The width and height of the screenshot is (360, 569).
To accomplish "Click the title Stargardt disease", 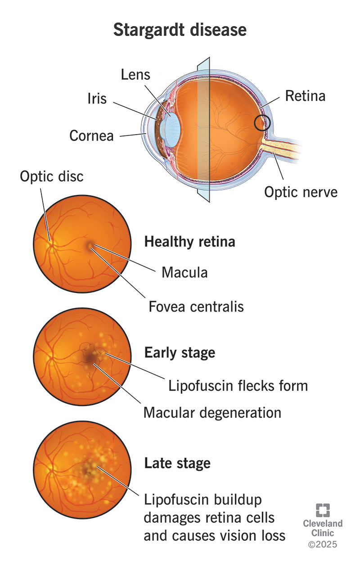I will pos(180,30).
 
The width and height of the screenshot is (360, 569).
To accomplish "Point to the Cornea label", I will pos(91,135).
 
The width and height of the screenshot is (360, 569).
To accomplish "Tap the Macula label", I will pos(184,272).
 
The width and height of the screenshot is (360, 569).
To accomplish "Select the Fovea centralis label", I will pos(196,307).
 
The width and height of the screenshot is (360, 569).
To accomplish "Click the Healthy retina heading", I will pos(189,242).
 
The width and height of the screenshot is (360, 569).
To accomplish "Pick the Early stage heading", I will pos(180,352).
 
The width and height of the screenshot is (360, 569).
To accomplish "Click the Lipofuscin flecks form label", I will pos(238,385).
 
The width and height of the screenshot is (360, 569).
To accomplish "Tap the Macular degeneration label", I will pos(212,412).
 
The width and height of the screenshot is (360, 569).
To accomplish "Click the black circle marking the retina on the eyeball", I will pos(262,122).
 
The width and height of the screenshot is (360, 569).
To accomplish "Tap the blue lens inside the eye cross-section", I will pos(171,122).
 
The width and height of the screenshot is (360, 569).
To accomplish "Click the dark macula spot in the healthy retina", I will pos(90,246).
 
